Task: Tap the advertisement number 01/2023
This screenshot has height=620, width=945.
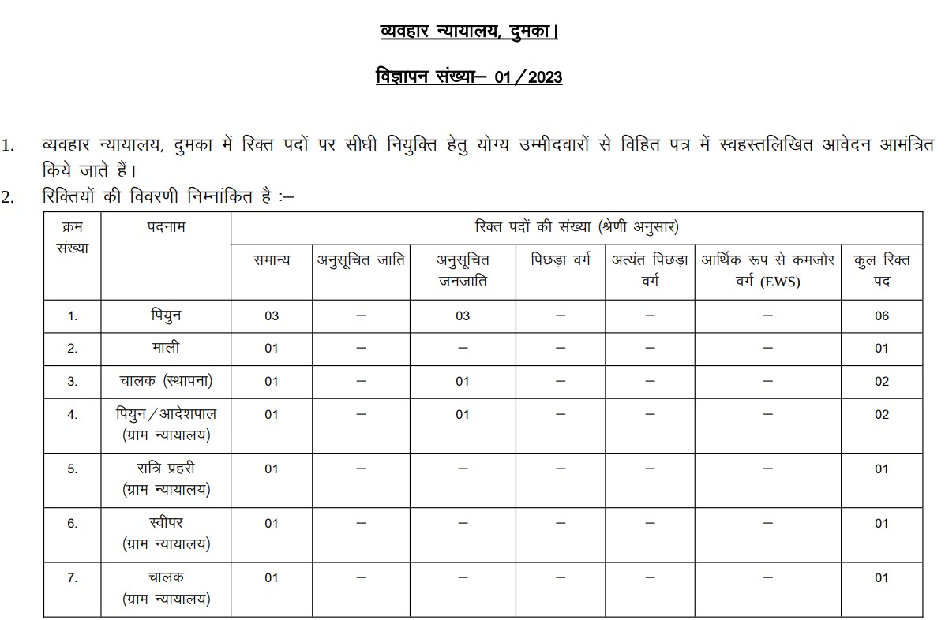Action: (x=469, y=77)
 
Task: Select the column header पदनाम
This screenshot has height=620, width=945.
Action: (x=166, y=228)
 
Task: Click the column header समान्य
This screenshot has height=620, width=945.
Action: (x=272, y=260)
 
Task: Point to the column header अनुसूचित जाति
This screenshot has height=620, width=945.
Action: (x=362, y=260)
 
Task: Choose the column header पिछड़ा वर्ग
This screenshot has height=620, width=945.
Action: (x=561, y=260)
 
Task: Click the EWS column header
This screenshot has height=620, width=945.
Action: (x=767, y=270)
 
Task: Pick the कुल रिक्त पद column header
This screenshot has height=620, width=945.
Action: (x=882, y=270)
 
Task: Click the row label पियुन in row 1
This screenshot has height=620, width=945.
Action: (x=166, y=316)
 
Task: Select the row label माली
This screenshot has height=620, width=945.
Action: (x=166, y=348)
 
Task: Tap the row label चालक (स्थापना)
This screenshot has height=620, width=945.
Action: (x=166, y=381)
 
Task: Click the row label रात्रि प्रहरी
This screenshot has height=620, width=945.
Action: (x=166, y=469)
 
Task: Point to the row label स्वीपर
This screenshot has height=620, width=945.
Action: (x=166, y=523)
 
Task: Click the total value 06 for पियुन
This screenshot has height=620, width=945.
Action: (x=882, y=316)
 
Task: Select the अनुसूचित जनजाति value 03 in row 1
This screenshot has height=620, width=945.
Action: (x=463, y=316)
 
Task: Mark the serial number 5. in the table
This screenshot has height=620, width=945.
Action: (x=73, y=469)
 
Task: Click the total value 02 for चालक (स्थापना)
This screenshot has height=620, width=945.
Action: (x=882, y=381)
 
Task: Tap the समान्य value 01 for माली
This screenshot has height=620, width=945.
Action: (x=272, y=348)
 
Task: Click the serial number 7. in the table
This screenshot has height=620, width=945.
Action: (x=73, y=577)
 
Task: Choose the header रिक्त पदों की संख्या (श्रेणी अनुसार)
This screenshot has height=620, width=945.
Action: (x=576, y=227)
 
